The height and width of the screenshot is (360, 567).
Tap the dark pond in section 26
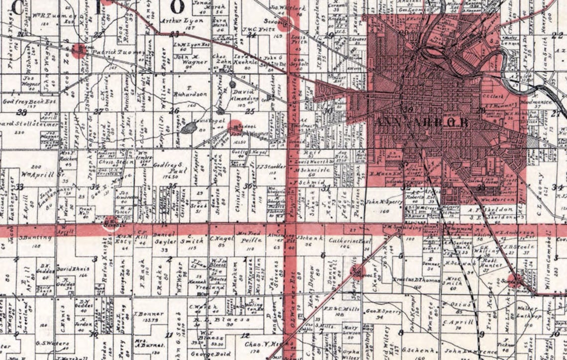click(x=189, y=128)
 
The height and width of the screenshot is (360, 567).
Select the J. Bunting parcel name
click(x=29, y=238)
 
